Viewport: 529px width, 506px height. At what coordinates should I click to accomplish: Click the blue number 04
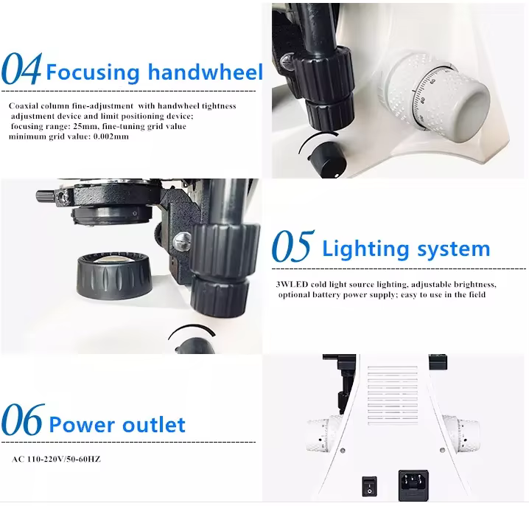[x=21, y=69]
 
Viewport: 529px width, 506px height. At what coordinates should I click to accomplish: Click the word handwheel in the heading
[x=205, y=72]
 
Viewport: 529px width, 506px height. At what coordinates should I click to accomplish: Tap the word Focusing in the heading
[x=92, y=73]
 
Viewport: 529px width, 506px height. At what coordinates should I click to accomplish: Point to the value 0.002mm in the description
[x=111, y=136]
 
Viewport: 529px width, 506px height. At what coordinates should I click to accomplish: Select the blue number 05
[x=293, y=246]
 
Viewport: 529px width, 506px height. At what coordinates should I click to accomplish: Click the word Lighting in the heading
[x=366, y=249]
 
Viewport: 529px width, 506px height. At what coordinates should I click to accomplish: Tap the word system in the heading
[x=453, y=249]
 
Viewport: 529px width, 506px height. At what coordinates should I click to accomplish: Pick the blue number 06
[x=23, y=420]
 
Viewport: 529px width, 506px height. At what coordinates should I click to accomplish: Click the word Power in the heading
[x=82, y=424]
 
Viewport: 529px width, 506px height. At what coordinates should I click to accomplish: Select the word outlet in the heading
[x=154, y=425]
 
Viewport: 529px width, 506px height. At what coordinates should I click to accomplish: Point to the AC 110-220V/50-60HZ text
[x=56, y=460]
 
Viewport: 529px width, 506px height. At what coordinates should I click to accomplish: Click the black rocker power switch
[x=369, y=486]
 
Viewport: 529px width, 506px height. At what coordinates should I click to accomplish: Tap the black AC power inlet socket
[x=413, y=485]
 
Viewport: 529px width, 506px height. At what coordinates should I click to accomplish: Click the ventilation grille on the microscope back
[x=393, y=395]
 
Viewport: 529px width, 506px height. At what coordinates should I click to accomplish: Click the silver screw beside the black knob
[x=181, y=241]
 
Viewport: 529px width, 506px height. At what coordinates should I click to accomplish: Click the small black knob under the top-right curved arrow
[x=327, y=160]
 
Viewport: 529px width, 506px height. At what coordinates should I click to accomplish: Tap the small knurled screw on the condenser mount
[x=46, y=196]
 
